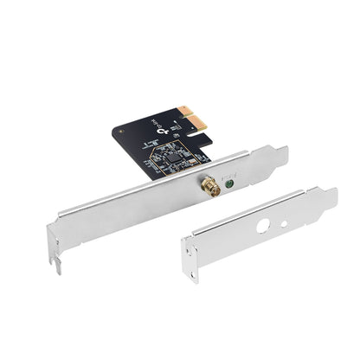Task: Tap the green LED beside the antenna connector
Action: click(229, 183)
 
